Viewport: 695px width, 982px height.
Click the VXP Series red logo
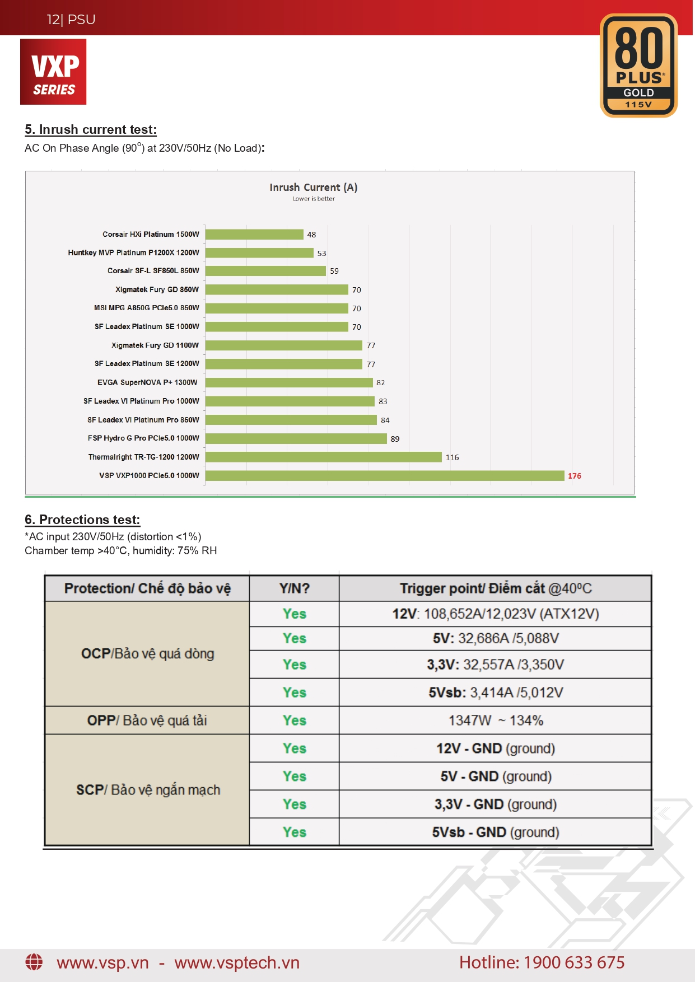click(x=53, y=72)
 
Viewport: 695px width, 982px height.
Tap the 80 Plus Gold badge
click(x=638, y=66)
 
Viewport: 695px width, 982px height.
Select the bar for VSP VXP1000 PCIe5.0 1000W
click(x=385, y=475)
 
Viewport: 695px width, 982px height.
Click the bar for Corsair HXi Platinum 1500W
click(x=254, y=234)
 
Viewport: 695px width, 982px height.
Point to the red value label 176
click(x=575, y=476)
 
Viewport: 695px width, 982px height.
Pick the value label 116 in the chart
click(x=452, y=457)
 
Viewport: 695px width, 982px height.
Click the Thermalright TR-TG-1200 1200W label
click(x=143, y=457)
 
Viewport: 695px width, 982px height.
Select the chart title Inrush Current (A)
click(x=314, y=187)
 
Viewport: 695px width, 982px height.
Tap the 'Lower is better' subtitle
click(x=314, y=199)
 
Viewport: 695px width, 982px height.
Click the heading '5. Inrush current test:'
click(x=91, y=129)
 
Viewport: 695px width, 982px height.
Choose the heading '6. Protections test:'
click(x=82, y=520)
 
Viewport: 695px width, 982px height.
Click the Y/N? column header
click(x=294, y=588)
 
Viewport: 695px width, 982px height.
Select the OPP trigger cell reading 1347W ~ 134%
click(x=496, y=720)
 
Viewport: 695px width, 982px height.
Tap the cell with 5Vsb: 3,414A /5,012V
click(x=496, y=693)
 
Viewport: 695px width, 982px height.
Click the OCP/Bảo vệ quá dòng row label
click(x=147, y=653)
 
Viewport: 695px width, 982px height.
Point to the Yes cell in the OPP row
click(x=294, y=720)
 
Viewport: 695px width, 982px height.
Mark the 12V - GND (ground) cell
click(x=496, y=749)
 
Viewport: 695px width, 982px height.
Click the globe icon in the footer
click(x=34, y=962)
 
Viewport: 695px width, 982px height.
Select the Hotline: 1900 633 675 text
click(x=542, y=962)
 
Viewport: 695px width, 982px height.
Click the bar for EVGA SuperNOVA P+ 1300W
click(x=289, y=382)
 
